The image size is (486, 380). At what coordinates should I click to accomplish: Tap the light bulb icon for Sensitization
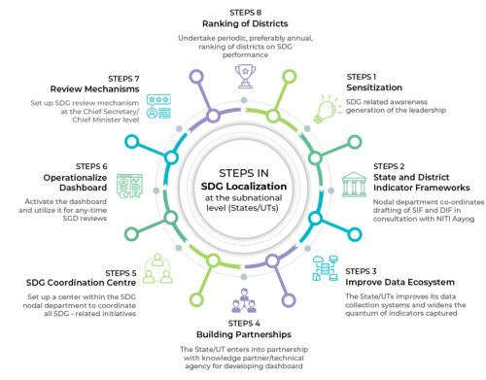point(321,111)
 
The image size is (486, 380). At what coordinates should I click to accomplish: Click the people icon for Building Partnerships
point(243,297)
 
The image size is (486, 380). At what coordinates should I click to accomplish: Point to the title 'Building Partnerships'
point(243,333)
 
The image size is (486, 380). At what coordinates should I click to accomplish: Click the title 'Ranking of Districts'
point(243,23)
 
